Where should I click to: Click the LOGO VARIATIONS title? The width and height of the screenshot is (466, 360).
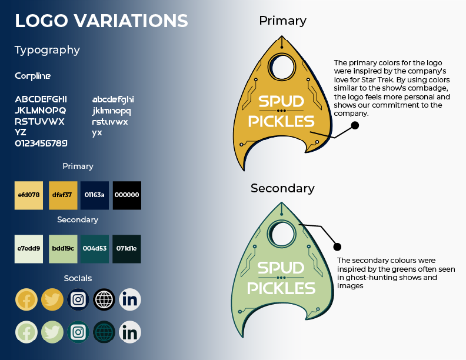coord(101,21)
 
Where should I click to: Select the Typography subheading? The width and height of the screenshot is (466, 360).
coord(47,50)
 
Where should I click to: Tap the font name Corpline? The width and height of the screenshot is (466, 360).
coord(33,76)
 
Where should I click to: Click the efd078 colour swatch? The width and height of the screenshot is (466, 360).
coord(29,195)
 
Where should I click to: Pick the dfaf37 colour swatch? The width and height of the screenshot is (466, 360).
coord(62,195)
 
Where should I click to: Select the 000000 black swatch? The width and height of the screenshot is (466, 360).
coord(127,195)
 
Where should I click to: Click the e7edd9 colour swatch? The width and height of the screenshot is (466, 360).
coord(29,249)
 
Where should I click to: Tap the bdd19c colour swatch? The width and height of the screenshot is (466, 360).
coord(62,249)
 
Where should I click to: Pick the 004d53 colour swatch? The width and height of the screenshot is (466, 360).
coord(94,249)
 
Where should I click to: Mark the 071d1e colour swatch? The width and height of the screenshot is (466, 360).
coord(127,249)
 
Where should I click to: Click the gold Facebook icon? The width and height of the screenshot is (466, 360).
coord(26,300)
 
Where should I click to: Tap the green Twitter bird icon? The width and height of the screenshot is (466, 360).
coord(52,332)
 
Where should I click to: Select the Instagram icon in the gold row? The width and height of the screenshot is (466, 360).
coord(78,300)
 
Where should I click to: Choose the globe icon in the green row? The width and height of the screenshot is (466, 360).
coord(104,332)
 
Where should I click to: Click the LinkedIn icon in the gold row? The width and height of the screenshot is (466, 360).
coord(130,300)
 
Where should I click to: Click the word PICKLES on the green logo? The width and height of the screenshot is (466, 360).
coord(281,288)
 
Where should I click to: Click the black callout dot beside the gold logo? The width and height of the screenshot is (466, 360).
coord(355,125)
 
